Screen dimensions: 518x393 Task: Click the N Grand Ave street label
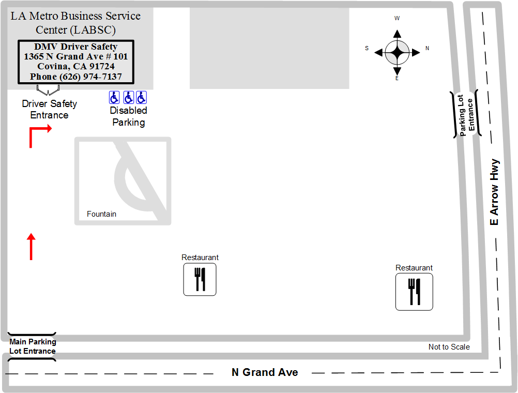265,372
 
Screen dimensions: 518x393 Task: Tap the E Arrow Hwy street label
494,192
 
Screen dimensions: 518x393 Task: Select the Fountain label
101,214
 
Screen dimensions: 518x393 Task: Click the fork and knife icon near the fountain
200,279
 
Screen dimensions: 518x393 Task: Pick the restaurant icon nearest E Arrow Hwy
414,292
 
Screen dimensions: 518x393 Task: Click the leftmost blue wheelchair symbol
114,98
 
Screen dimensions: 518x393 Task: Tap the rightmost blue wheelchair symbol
142,98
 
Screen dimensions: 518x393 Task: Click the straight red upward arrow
31,247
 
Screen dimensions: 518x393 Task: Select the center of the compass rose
397,52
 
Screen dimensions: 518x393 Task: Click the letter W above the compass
397,18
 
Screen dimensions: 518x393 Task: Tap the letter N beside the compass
427,48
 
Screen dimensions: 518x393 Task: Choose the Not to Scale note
449,347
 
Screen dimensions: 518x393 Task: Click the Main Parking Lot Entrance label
33,346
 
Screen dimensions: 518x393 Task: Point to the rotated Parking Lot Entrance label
466,114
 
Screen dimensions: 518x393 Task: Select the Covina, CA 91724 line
76,66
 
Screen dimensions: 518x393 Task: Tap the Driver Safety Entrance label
49,110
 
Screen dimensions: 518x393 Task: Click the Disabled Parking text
129,116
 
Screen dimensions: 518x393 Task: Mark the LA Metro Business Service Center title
75,23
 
